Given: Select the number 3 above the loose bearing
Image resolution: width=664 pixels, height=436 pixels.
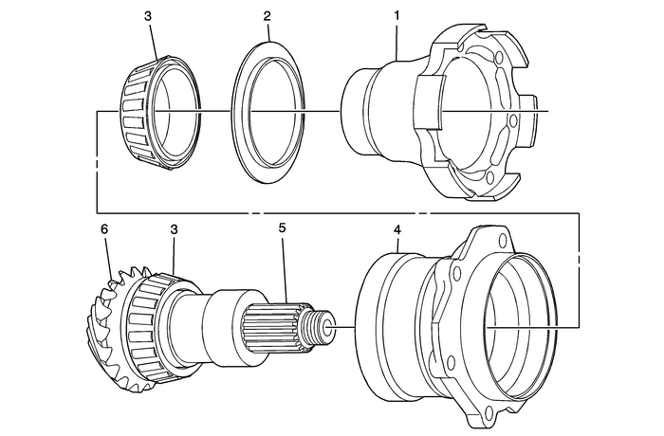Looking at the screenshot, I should [146, 18].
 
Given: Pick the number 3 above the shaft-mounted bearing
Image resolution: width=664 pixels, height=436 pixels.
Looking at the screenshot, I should [174, 229].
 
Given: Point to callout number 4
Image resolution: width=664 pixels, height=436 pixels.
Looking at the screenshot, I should [397, 229].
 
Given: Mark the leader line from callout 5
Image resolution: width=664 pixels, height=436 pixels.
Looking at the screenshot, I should [285, 261].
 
